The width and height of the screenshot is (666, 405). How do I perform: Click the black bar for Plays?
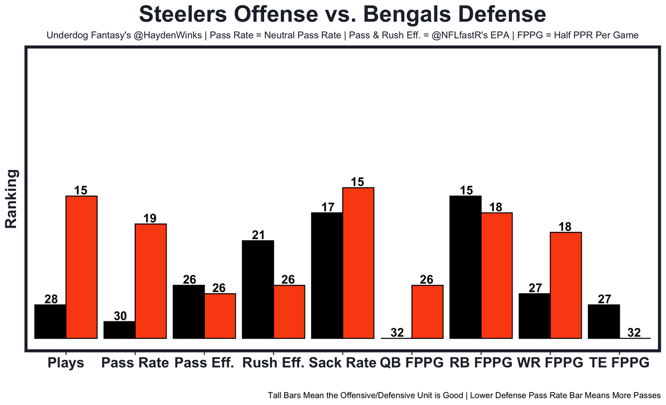50,321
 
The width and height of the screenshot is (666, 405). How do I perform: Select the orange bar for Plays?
81,267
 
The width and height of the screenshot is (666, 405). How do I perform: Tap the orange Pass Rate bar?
150,281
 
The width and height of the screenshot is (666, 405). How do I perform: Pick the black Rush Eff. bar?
258,289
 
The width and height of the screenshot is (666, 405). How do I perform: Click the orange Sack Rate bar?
358,263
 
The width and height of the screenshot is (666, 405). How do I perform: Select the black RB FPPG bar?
465,267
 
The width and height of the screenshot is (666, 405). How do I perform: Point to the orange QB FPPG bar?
427,312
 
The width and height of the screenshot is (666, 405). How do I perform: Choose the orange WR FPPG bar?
566,285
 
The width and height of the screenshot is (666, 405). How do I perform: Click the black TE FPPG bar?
604,321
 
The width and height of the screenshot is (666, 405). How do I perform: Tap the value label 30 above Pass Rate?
120,316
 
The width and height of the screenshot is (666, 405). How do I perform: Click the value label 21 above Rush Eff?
258,234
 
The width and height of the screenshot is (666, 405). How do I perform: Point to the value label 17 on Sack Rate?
327,207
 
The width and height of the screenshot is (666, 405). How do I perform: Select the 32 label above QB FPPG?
396,333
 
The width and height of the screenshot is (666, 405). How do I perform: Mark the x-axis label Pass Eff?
204,362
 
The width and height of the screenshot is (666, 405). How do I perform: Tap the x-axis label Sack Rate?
342,362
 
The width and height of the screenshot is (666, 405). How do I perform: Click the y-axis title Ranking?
11,199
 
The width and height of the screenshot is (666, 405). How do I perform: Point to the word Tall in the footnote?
276,395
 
